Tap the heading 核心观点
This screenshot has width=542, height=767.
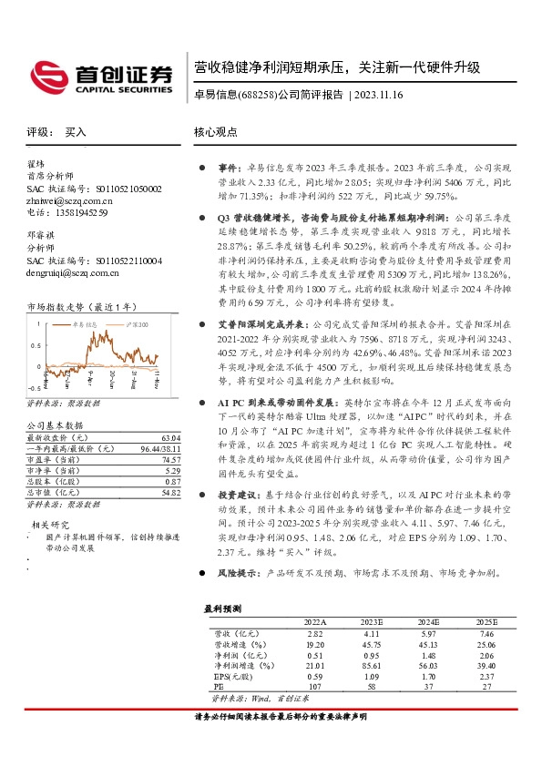(x=215, y=131)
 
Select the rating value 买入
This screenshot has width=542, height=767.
(x=76, y=132)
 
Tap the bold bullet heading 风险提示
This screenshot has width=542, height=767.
(x=237, y=574)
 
